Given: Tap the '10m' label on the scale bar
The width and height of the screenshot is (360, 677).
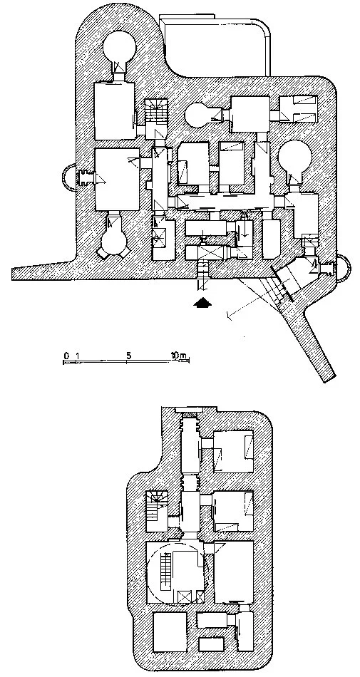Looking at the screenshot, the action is (x=179, y=356).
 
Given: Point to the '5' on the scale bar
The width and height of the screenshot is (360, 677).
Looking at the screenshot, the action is (x=128, y=356).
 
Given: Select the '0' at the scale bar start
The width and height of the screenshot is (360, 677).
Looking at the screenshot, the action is (x=66, y=356).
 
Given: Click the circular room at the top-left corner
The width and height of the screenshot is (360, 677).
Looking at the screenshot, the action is (x=120, y=48).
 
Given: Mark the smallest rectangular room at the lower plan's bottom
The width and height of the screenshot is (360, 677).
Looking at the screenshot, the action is (x=212, y=644).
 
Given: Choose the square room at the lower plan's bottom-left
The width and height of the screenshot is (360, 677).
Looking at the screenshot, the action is (x=170, y=631).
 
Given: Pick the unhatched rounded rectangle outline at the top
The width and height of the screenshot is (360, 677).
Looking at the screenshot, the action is (x=215, y=46).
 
